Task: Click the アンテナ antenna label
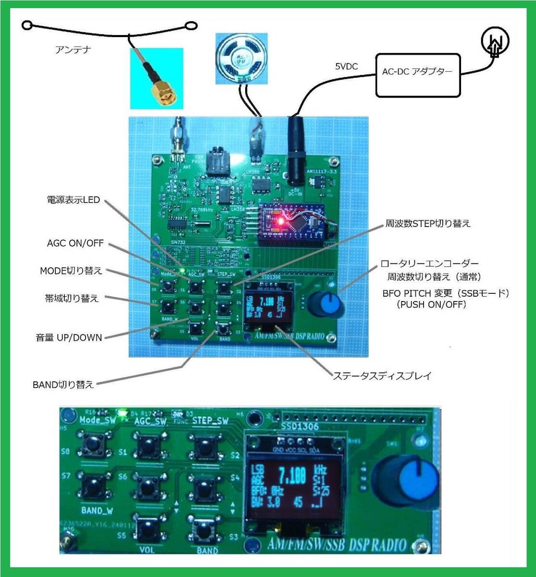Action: pos(73,49)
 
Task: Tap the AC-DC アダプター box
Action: pos(417,72)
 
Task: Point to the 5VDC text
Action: pos(347,67)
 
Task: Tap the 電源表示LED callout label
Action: pos(73,200)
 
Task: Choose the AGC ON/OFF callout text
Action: pos(75,243)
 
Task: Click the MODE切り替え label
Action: pos(71,271)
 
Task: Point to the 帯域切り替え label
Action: pos(72,299)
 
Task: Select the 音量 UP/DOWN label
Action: pos(69,338)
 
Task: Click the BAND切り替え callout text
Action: pos(63,385)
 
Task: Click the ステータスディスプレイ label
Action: pos(382,376)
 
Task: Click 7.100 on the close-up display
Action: pos(292,476)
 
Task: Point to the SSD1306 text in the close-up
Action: pos(297,426)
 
